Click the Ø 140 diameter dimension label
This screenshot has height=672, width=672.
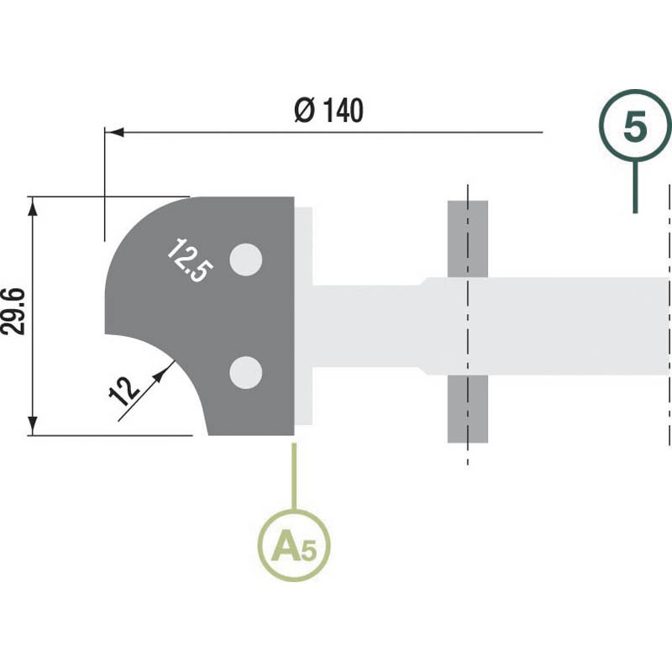click(328, 111)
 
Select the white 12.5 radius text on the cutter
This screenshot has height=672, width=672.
click(190, 260)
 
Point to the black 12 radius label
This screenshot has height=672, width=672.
click(123, 391)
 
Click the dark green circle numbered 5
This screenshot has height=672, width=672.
click(635, 125)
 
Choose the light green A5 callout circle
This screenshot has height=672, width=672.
click(294, 545)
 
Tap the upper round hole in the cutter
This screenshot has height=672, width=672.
click(246, 260)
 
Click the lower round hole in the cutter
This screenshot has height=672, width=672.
click(246, 372)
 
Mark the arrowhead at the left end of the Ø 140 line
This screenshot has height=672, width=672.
click(114, 133)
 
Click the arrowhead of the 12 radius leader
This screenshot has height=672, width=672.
click(159, 375)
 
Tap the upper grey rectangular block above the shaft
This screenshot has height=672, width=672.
click(468, 239)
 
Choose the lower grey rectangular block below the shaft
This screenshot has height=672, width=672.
click(468, 409)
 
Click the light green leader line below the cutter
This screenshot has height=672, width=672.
click(294, 476)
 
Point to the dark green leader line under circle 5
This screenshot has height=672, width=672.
click(635, 186)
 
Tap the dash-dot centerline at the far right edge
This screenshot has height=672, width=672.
click(669, 315)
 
